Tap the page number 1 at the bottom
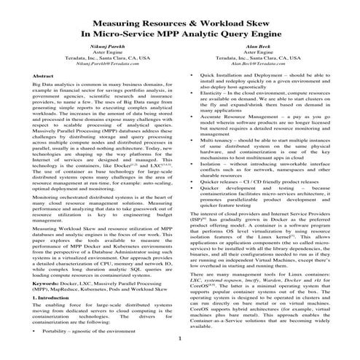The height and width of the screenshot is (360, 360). click(x=179, y=340)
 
